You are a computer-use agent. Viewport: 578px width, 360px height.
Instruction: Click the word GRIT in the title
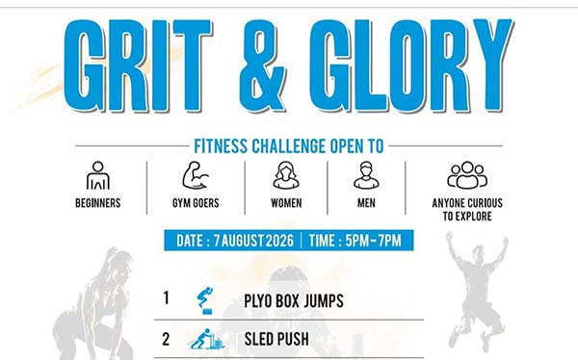click(138, 65)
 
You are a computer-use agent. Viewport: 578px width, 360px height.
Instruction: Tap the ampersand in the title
click(262, 66)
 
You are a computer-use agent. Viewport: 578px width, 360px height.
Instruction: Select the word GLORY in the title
click(411, 65)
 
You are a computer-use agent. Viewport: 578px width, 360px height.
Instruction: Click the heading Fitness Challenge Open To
click(289, 146)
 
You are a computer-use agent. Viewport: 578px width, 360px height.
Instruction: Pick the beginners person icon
click(98, 175)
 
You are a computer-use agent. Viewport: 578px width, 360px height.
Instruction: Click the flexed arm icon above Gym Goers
click(196, 175)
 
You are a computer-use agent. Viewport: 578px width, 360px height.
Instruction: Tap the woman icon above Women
click(286, 175)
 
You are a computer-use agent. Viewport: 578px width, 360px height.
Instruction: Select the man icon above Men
click(366, 175)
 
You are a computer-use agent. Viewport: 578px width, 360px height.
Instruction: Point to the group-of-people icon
click(467, 175)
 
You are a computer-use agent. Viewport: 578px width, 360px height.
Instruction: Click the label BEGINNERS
click(98, 203)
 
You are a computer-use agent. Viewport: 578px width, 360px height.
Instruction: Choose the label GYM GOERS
click(196, 203)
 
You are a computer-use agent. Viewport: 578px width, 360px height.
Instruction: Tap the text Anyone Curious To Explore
click(467, 209)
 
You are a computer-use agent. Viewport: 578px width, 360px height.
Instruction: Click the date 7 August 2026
click(253, 241)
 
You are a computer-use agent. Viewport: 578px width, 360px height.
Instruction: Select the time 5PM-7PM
click(373, 241)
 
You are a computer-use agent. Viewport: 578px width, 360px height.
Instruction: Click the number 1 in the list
click(167, 298)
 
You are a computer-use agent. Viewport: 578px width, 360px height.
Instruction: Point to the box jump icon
click(205, 300)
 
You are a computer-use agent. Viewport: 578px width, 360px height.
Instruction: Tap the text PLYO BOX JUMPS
click(294, 301)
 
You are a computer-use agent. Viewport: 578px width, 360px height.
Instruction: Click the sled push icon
click(207, 339)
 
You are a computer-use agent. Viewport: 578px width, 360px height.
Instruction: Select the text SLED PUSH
click(276, 340)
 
